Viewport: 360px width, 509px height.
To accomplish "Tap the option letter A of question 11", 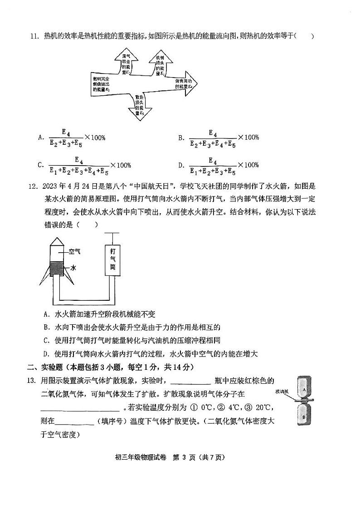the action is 40,137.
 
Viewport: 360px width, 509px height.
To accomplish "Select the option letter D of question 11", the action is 180,165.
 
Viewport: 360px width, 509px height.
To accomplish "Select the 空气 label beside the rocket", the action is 74,251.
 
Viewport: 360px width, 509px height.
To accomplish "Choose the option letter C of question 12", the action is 46,340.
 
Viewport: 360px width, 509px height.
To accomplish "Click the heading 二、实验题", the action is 44,367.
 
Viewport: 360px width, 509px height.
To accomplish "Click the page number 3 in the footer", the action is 185,457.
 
